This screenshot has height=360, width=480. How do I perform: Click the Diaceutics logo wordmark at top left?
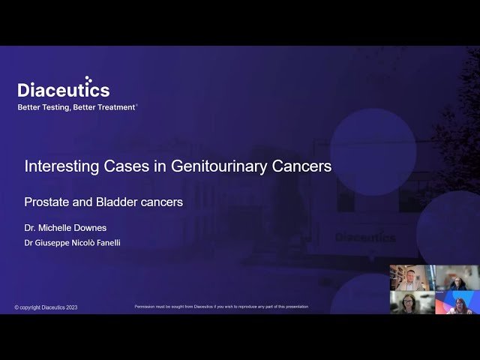click(64, 90)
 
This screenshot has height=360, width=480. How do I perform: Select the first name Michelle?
click(58, 226)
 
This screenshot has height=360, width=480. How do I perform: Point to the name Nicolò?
click(86, 242)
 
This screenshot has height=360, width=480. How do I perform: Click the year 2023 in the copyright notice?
click(70, 307)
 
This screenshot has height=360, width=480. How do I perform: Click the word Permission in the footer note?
click(148, 307)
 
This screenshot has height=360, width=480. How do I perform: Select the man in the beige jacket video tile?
click(412, 277)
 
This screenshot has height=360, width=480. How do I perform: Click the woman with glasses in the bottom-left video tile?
click(412, 302)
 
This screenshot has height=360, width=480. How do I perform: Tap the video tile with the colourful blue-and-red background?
click(457, 302)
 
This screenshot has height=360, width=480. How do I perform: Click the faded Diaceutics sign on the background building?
click(365, 237)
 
